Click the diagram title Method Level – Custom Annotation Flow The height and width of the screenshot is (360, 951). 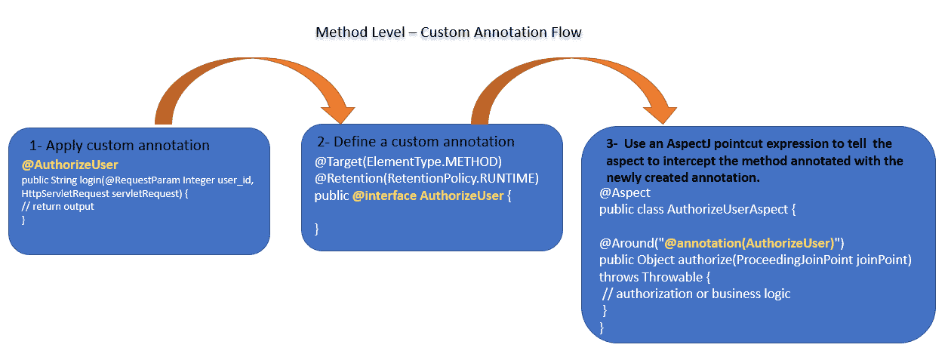448,33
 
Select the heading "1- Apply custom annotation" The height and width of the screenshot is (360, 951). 119,146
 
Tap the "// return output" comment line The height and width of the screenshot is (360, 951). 58,206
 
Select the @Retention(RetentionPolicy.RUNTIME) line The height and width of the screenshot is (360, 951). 426,179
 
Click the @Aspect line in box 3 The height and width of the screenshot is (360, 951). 625,193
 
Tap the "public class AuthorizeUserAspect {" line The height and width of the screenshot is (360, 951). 698,209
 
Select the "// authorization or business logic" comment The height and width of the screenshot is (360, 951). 697,294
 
